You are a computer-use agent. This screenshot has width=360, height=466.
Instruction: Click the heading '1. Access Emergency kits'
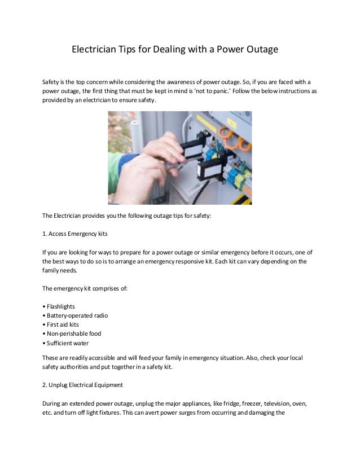tap(74, 232)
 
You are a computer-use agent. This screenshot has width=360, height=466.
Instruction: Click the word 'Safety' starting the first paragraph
tap(51, 81)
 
